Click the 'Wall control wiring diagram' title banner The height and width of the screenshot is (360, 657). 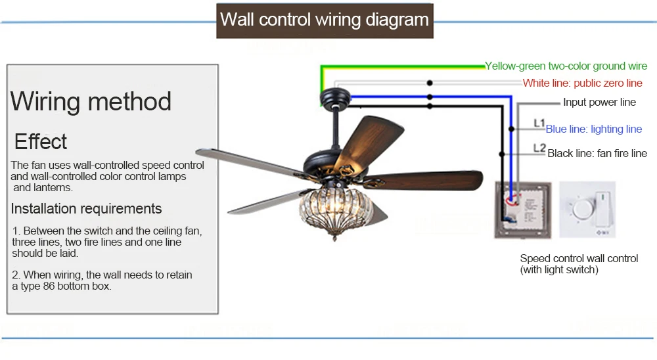point(325,20)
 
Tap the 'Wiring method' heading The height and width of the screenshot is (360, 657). point(91,101)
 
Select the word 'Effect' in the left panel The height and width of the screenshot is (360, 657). point(41,142)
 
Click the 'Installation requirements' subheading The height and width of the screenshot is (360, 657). point(86,208)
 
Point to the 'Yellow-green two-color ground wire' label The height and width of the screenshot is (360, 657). point(566,66)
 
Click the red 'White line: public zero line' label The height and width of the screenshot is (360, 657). point(582,83)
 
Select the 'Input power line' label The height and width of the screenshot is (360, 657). point(599,102)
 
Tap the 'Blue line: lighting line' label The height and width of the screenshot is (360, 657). point(594,129)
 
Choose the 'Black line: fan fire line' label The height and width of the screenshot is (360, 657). point(597,153)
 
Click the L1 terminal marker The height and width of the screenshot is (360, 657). point(539,124)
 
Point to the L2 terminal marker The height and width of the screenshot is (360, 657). point(539,148)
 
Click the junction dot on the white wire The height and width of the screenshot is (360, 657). point(430,83)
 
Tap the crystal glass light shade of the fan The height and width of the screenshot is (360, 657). point(336,209)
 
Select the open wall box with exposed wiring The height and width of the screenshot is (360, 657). point(522,210)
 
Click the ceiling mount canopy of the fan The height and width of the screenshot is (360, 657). point(335,98)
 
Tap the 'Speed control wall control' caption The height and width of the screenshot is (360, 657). point(579,259)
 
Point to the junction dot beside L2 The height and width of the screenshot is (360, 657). point(501,154)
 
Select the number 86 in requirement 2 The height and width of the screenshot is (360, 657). point(49,286)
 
